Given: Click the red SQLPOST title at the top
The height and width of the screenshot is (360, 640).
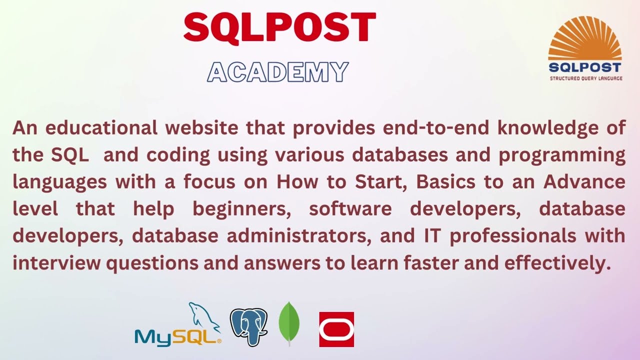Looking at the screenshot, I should point(279,28).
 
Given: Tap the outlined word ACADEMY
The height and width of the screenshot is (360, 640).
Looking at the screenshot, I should point(277,72).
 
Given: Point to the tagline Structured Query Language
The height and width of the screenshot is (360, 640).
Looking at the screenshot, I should point(586,78).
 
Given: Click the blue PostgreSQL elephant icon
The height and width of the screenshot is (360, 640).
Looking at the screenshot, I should point(248,326).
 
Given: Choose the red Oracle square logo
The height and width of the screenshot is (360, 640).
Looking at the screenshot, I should point(336,329).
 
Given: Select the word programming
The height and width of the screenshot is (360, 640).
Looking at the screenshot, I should point(562,155).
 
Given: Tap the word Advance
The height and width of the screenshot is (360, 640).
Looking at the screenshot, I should point(584,181).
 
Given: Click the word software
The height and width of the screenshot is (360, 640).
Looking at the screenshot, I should point(350,209).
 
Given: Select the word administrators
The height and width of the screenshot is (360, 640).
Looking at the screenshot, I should point(299,236).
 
